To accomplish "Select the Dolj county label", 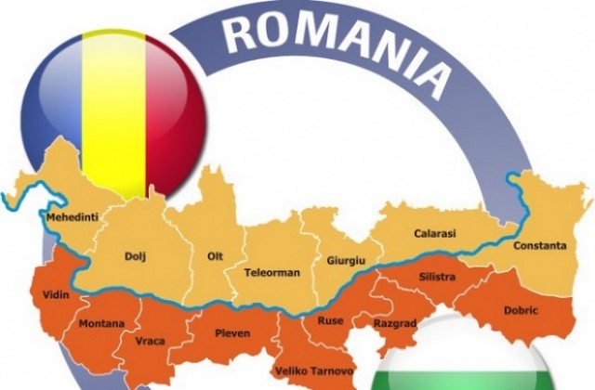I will click(x=135, y=254).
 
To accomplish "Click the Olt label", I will click(x=215, y=253).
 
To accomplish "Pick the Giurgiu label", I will click(x=344, y=261).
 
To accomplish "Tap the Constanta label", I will click(x=539, y=246).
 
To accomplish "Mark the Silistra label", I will click(x=437, y=277).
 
